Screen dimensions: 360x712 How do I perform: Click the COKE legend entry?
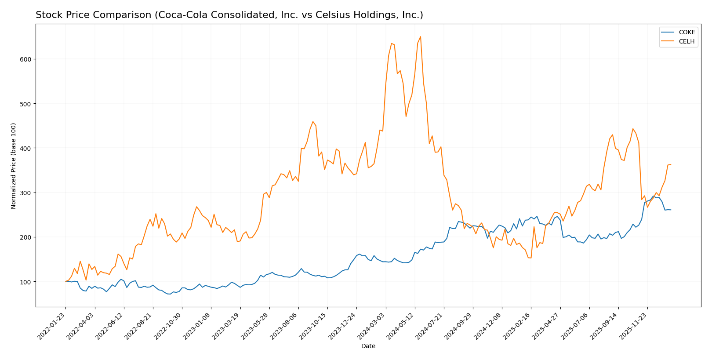pyautogui.click(x=687, y=32)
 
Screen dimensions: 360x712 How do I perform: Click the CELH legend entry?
pyautogui.click(x=687, y=41)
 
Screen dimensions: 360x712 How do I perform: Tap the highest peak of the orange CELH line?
pyautogui.click(x=420, y=36)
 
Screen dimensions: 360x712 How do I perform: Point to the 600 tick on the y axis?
pyautogui.click(x=27, y=59)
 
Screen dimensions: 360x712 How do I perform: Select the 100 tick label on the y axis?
pyautogui.click(x=27, y=282)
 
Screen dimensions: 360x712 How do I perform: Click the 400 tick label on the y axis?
pyautogui.click(x=27, y=148)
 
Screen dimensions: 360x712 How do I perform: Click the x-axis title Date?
pyautogui.click(x=368, y=346)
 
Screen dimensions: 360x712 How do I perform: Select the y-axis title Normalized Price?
pyautogui.click(x=14, y=166)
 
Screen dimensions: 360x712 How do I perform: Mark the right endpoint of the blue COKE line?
pyautogui.click(x=671, y=210)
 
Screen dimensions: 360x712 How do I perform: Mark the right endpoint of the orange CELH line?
pyautogui.click(x=671, y=164)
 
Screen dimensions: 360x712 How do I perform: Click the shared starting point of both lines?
pyautogui.click(x=65, y=281)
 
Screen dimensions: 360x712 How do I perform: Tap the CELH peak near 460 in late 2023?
pyautogui.click(x=313, y=122)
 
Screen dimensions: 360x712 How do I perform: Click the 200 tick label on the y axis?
pyautogui.click(x=27, y=237)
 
